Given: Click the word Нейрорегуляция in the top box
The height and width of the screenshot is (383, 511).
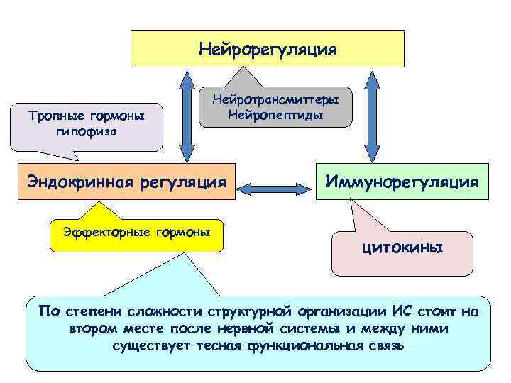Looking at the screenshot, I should point(268,49).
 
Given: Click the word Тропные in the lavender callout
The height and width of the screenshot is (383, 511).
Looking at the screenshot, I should point(58,116).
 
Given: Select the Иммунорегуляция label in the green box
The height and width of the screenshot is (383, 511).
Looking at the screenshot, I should point(402,182).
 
